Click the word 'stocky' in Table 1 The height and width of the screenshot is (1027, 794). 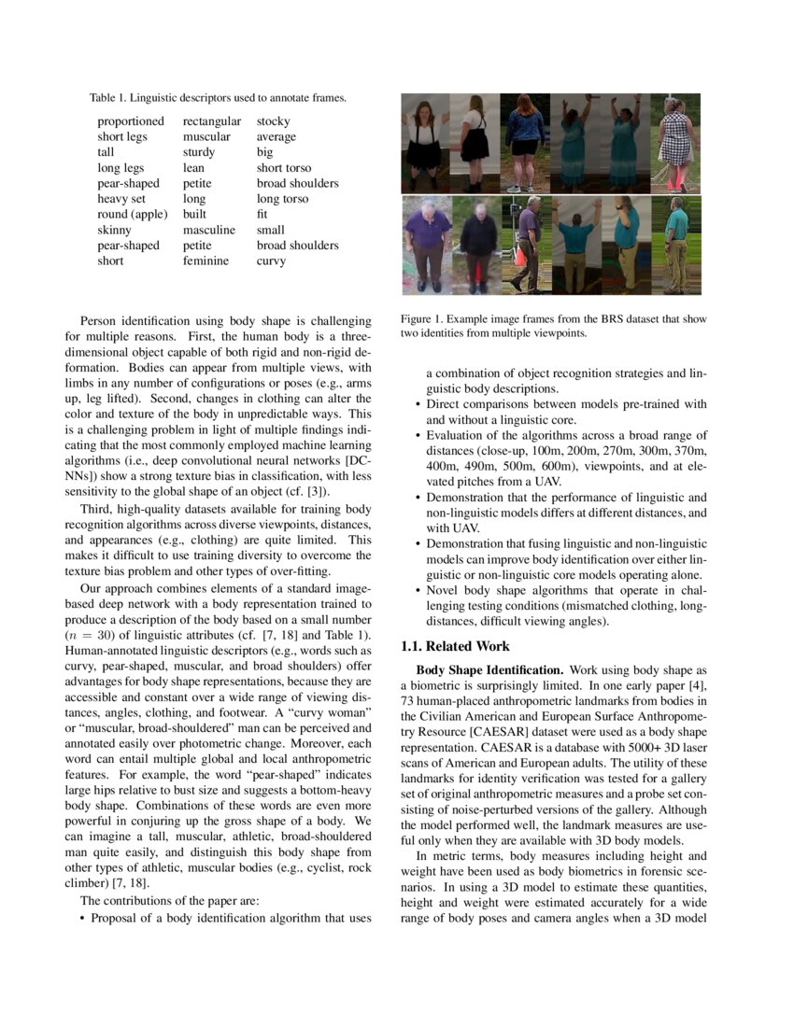273,121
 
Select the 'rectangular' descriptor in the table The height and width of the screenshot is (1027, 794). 211,121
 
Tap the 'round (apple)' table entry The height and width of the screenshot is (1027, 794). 132,215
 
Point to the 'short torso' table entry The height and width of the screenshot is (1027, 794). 284,168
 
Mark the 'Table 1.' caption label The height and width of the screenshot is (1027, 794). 107,97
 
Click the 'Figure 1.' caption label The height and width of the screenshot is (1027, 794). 422,319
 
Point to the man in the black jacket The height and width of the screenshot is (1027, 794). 478,243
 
